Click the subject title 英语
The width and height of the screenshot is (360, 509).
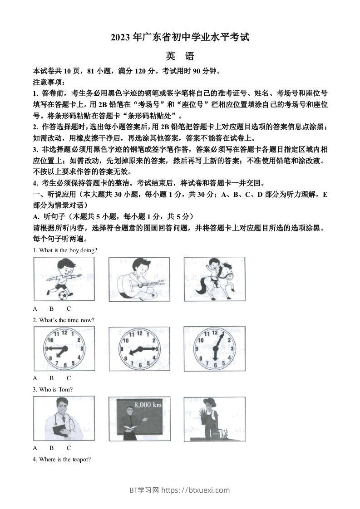pyautogui.click(x=180, y=57)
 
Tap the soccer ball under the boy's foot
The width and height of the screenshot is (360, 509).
pyautogui.click(x=62, y=295)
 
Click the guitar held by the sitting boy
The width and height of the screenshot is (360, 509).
pyautogui.click(x=132, y=284)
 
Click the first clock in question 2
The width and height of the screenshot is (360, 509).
pyautogui.click(x=64, y=348)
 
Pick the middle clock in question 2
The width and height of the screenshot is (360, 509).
pyautogui.click(x=139, y=348)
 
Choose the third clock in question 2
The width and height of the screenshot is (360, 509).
pyautogui.click(x=214, y=348)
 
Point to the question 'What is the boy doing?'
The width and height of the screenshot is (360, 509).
pyautogui.click(x=65, y=250)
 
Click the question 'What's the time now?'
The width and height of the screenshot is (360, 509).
pyautogui.click(x=64, y=320)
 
